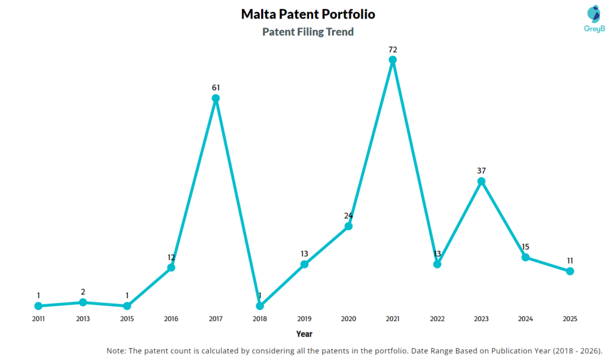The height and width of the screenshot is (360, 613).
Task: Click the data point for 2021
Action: click(x=393, y=60)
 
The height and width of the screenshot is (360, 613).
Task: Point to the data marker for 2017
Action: click(x=216, y=98)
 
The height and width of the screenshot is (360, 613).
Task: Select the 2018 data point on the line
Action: click(x=260, y=306)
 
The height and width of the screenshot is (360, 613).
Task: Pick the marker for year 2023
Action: click(x=481, y=181)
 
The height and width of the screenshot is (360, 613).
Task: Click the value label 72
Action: click(x=393, y=49)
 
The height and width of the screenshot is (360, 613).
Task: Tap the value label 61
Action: click(x=216, y=87)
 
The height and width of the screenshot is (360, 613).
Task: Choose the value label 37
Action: click(x=481, y=170)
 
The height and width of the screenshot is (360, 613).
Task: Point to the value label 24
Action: click(x=348, y=216)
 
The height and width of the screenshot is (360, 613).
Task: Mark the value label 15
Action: click(x=526, y=247)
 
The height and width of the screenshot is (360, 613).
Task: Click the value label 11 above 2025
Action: click(x=570, y=261)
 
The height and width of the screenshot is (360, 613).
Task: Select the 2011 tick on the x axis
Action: click(x=38, y=319)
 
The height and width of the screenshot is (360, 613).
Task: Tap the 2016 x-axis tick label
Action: click(x=171, y=319)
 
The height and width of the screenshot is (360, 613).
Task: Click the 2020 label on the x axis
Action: click(x=348, y=319)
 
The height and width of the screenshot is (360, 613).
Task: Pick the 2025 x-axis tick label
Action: click(x=570, y=319)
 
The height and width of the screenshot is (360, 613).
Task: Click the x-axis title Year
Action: click(x=304, y=334)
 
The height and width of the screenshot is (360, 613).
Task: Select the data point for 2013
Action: click(x=83, y=302)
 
